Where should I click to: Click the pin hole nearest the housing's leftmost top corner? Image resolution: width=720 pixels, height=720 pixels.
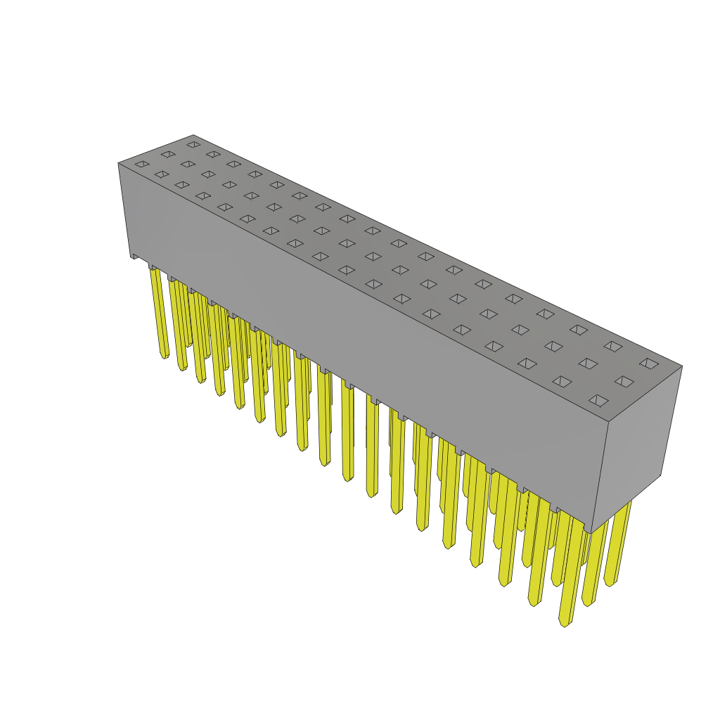pos(142,165)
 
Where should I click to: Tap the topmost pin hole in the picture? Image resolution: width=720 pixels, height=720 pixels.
pos(193,145)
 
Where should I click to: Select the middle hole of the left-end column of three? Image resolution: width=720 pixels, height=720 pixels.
pos(168,154)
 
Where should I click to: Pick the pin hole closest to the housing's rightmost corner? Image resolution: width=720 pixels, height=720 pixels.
pos(649,364)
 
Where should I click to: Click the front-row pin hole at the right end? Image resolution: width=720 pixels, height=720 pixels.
pos(598,401)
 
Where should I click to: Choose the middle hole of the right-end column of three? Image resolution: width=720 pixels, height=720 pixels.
pos(624,382)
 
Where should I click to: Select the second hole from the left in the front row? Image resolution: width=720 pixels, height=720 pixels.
pos(162,174)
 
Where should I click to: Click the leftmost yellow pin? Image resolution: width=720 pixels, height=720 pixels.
pos(159,309)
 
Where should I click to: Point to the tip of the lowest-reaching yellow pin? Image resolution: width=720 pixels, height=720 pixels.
pos(565,624)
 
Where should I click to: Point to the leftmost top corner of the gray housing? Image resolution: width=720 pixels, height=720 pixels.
pos(119,164)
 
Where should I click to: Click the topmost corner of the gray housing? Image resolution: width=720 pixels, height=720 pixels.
pos(193,136)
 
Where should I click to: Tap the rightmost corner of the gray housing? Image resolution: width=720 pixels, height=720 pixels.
pos(682,366)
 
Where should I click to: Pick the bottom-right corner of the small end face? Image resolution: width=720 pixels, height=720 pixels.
pos(661,475)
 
